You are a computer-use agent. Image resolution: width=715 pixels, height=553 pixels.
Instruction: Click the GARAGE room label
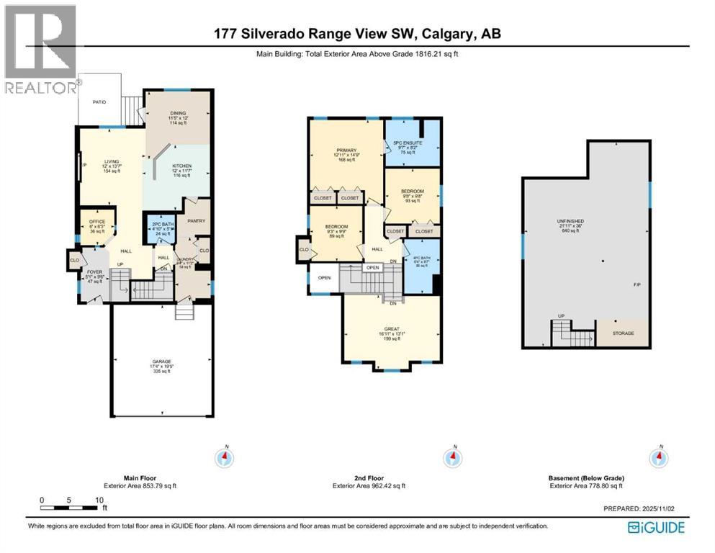coord(161,361)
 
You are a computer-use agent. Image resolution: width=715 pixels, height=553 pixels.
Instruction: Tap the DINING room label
coord(177,112)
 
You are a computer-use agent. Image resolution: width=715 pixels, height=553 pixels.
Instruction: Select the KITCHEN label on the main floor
coord(181,166)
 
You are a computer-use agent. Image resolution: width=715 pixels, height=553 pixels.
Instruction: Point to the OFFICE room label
coord(97,221)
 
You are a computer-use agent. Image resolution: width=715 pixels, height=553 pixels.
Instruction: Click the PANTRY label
coord(196,220)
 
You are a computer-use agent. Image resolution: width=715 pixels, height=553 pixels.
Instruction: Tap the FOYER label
coord(95,272)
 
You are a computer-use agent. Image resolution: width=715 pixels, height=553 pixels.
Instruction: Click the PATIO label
coord(99,102)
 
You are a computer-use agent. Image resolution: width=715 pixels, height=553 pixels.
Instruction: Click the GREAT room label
coord(392,328)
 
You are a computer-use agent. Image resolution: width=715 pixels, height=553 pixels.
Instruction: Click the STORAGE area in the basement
coord(623,333)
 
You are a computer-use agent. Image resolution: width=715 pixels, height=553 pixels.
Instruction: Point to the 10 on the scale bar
coord(98,499)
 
